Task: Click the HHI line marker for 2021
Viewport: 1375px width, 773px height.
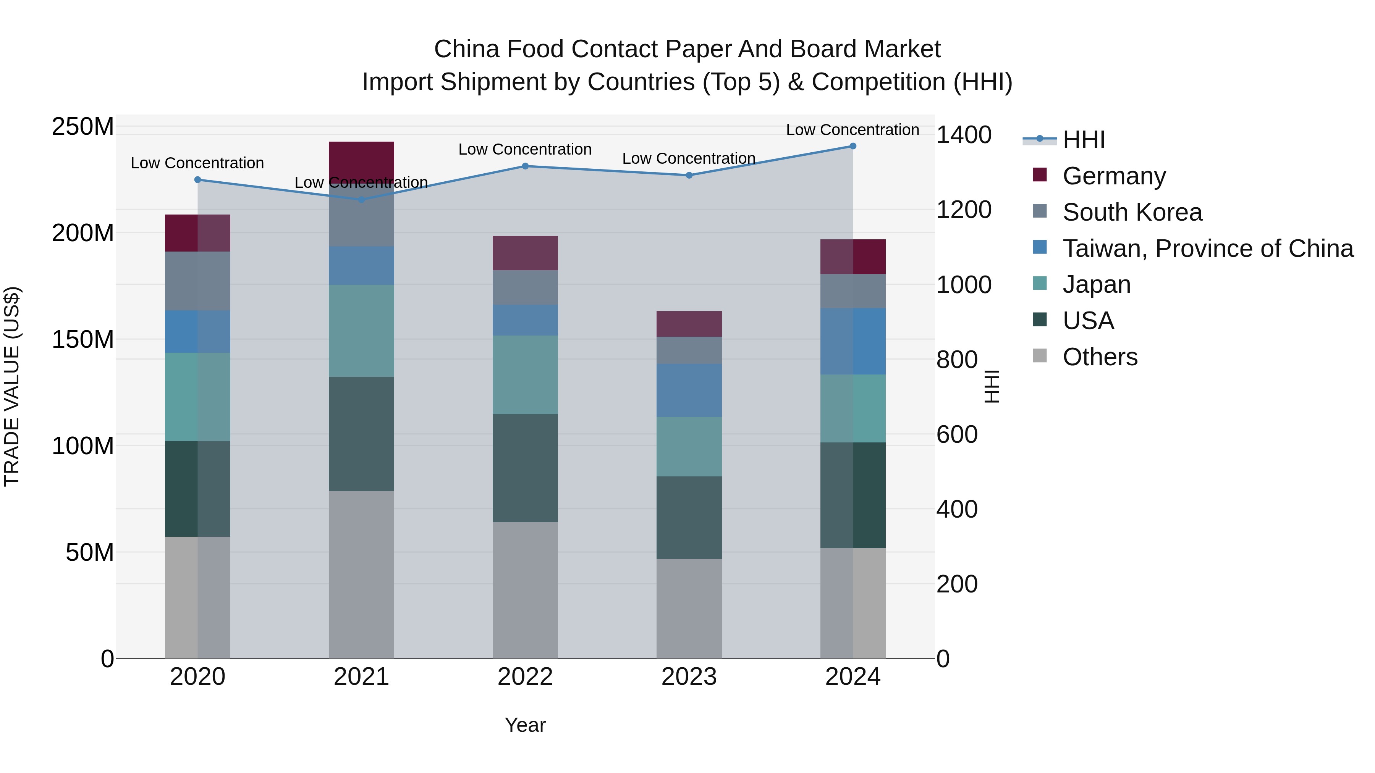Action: [361, 200]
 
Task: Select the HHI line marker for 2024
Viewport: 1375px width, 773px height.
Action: [852, 146]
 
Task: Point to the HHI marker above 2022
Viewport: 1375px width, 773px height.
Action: [525, 166]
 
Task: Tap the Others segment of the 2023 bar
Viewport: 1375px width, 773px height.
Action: [689, 608]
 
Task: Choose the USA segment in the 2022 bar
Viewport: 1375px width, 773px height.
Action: [525, 468]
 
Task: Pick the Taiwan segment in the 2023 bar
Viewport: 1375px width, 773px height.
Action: [689, 390]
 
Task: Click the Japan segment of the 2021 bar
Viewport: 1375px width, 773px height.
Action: [361, 330]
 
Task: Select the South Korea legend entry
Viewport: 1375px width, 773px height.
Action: [1132, 212]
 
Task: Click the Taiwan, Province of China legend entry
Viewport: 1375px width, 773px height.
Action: [1207, 249]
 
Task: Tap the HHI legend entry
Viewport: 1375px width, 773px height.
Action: [1083, 140]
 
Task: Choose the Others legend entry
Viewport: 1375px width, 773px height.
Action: [1100, 357]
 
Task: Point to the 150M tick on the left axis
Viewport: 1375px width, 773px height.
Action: [83, 339]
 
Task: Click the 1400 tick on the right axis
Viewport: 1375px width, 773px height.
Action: [964, 135]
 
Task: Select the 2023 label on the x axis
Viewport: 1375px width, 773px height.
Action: [689, 677]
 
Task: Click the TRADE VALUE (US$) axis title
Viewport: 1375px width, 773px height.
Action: [12, 386]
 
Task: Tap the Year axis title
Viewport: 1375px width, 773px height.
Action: [525, 725]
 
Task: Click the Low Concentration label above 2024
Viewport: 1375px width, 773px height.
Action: [852, 130]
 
